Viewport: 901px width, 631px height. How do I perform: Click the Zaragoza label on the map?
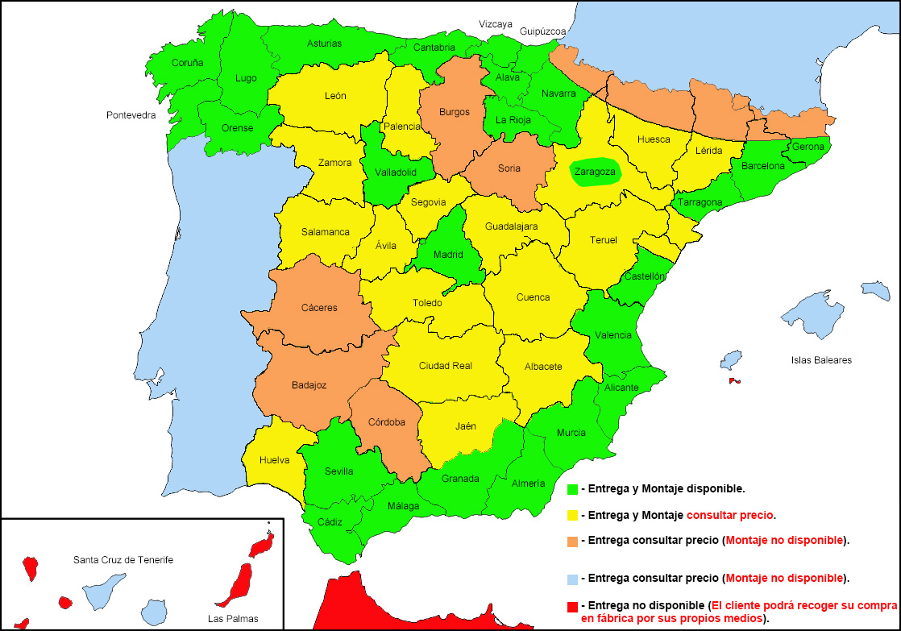[x=595, y=172]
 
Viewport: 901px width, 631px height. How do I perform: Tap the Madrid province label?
[x=448, y=255]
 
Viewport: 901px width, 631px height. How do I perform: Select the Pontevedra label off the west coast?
[x=131, y=115]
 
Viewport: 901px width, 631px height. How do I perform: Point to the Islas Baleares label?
[x=821, y=360]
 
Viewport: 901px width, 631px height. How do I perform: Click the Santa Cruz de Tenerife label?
[x=123, y=559]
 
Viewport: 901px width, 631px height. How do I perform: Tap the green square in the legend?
[x=573, y=488]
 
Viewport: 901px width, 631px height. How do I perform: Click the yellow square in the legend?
[x=573, y=514]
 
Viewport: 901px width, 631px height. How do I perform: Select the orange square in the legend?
[x=573, y=540]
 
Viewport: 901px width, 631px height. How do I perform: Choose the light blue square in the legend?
[x=573, y=578]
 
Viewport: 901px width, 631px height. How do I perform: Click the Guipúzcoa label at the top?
[x=542, y=31]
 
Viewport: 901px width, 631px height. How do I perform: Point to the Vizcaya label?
[x=496, y=24]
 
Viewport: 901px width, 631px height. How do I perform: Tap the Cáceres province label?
[x=319, y=308]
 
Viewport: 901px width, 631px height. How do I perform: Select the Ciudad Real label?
[x=445, y=366]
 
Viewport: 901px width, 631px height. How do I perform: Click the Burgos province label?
[x=454, y=112]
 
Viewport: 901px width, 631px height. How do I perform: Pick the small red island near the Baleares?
[x=734, y=381]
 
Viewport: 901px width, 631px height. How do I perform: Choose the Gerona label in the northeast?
[x=808, y=147]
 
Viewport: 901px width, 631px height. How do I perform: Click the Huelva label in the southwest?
[x=275, y=460]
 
